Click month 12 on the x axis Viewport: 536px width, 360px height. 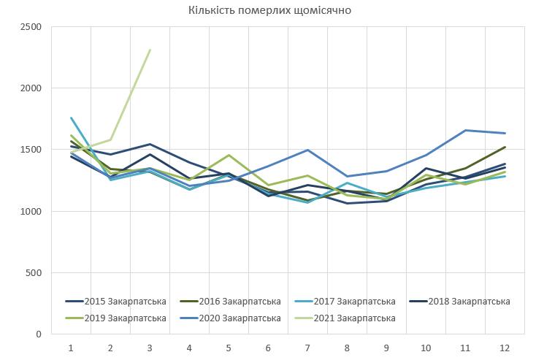505,348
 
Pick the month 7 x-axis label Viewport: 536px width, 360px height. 307,348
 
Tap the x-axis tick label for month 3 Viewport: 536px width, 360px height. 150,348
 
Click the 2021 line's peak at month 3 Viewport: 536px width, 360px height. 150,50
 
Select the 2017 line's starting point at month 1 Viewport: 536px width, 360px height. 71,118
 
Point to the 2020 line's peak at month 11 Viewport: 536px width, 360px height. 465,130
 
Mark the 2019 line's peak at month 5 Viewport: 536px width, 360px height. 229,155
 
